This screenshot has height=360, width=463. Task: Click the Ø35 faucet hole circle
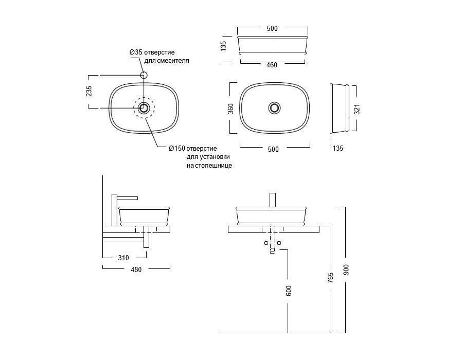click(144, 75)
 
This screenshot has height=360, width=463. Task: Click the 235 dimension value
click(89, 91)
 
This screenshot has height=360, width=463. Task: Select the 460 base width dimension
click(272, 65)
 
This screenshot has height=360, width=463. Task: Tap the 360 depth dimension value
click(231, 109)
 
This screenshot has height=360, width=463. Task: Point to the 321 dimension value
click(358, 109)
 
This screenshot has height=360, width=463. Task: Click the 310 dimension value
click(123, 258)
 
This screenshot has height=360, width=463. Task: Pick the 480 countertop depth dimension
click(136, 269)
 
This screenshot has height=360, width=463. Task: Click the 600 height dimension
click(289, 291)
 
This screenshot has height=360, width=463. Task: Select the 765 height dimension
click(330, 278)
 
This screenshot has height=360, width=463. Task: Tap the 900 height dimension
click(346, 269)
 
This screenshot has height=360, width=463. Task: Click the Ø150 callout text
click(193, 149)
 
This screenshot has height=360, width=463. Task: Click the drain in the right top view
click(275, 107)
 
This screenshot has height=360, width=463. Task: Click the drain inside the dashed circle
click(144, 107)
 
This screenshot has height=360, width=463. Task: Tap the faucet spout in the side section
click(128, 197)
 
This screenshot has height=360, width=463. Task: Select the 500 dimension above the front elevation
click(272, 29)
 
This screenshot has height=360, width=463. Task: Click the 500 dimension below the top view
click(273, 149)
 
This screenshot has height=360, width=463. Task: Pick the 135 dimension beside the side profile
click(338, 148)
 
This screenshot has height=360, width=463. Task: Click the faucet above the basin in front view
click(273, 200)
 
